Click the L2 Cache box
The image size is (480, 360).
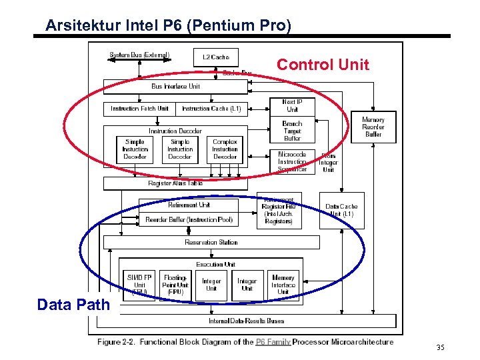(x=215, y=57)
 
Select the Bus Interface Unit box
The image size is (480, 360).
(x=176, y=87)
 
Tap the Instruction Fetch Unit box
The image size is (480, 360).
(x=139, y=108)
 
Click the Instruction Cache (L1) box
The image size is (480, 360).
(x=211, y=108)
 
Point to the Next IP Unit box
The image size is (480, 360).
(x=292, y=105)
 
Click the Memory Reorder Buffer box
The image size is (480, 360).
(x=373, y=127)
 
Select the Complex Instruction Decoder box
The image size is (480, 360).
(x=225, y=149)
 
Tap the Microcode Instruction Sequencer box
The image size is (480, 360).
(x=292, y=161)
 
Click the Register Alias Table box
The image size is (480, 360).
(x=176, y=183)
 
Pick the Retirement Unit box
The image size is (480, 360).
(x=189, y=205)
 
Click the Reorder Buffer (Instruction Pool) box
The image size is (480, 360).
(x=189, y=219)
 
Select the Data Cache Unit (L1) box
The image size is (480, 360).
(x=341, y=211)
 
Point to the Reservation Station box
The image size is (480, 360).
(x=211, y=242)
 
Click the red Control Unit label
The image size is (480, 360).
(x=323, y=65)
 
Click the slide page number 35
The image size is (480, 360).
(x=439, y=347)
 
